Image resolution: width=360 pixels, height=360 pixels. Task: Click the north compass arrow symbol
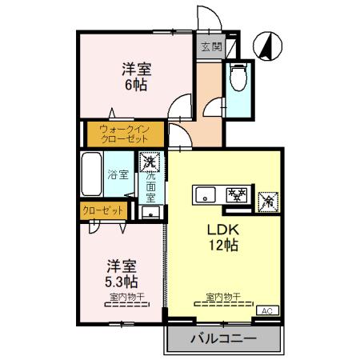click(x=266, y=45)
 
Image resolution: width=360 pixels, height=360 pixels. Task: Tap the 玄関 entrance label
click(x=210, y=46)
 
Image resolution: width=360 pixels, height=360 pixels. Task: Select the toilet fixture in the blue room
click(x=238, y=79)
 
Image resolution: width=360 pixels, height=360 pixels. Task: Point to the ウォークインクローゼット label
click(x=124, y=132)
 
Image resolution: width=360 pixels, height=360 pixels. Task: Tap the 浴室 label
click(x=119, y=174)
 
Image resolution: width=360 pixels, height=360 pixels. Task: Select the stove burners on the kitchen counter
click(x=236, y=194)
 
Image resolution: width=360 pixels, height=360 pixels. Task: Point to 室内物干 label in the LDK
click(x=220, y=298)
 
